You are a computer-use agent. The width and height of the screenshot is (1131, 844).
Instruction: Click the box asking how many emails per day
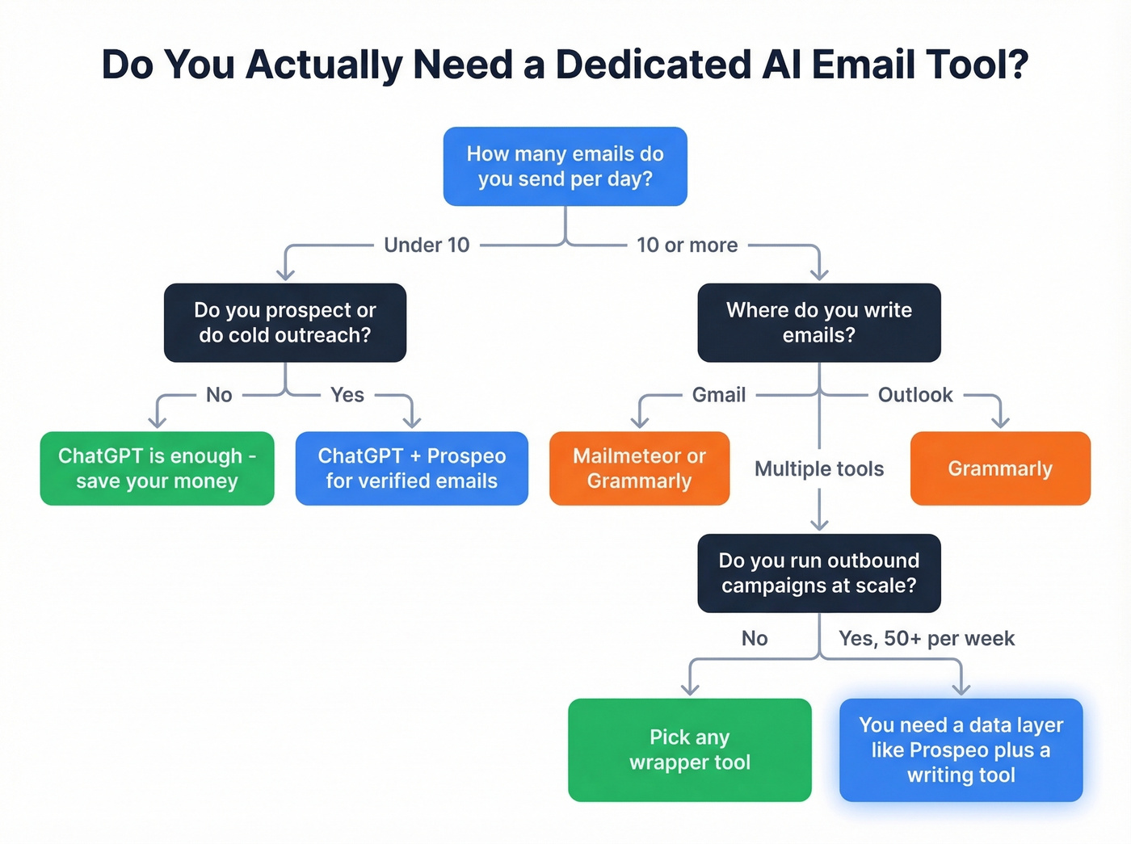tap(565, 166)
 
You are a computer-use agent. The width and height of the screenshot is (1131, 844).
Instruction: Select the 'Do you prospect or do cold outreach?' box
tap(284, 322)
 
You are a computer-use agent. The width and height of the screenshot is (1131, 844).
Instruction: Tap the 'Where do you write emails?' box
tap(818, 322)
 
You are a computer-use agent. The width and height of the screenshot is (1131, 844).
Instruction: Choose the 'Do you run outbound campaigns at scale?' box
tap(818, 573)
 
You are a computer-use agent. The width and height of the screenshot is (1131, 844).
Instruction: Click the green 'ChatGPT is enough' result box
tap(157, 468)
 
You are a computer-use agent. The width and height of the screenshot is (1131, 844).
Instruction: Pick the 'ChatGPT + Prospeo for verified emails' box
tap(411, 468)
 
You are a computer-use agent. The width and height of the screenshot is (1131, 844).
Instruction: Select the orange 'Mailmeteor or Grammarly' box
tap(639, 468)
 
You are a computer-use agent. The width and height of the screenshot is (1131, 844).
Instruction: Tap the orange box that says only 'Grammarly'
tap(1000, 468)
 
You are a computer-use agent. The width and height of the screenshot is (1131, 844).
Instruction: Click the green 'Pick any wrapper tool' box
tap(689, 750)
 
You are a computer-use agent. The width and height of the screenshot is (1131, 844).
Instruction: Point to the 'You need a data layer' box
tap(961, 750)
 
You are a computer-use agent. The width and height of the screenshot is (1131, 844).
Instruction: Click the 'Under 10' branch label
tap(427, 245)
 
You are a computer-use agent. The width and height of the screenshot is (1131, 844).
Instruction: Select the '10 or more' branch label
tap(687, 245)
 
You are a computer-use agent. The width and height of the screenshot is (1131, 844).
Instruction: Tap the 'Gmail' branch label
tap(718, 395)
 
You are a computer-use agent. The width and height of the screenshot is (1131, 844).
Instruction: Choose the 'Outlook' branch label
tap(915, 395)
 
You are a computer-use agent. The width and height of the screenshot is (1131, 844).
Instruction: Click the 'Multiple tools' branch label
tap(818, 468)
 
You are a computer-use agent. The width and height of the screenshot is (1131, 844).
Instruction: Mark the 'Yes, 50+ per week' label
tap(926, 638)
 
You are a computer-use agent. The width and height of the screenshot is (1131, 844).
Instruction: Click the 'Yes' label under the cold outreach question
tap(347, 395)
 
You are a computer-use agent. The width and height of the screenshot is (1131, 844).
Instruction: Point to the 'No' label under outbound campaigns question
tap(755, 638)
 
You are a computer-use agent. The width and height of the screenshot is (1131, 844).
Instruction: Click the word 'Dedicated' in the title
tap(653, 65)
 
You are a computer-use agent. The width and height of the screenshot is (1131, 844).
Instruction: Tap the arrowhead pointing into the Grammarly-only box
tap(1000, 422)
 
